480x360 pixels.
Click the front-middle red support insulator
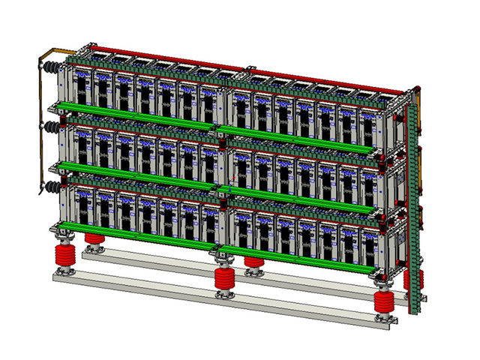pyautogui.click(x=225, y=279)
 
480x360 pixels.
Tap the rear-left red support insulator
pyautogui.click(x=94, y=241)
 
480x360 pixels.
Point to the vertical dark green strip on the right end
pyautogui.click(x=411, y=210)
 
